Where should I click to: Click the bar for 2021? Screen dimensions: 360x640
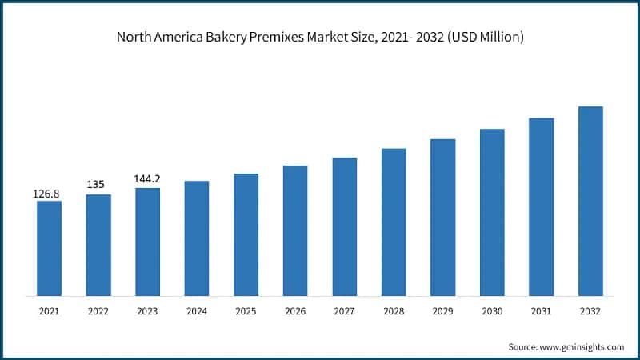[x=49, y=248]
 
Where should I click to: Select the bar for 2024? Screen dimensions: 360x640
[x=197, y=238]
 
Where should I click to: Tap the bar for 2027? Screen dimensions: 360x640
[x=345, y=226]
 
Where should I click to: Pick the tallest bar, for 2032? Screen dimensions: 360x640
[x=590, y=201]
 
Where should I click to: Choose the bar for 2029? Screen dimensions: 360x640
[x=443, y=218]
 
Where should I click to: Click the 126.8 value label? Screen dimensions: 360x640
[x=48, y=194]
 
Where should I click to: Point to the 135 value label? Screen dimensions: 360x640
[x=98, y=185]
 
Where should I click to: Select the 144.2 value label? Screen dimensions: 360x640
[x=147, y=178]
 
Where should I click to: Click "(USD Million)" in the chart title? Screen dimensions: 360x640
[x=482, y=38]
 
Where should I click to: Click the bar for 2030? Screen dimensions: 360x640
[x=492, y=212]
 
